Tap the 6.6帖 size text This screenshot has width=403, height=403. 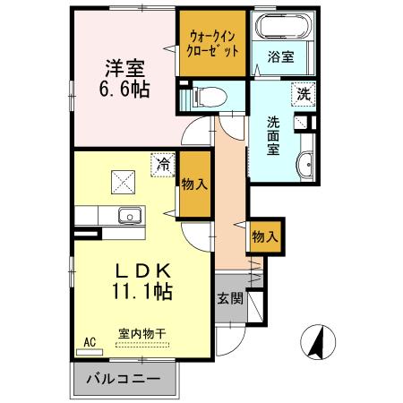click(124, 90)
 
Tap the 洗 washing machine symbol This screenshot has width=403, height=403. click(304, 91)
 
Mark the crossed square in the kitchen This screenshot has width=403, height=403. click(122, 183)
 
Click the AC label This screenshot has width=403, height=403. click(90, 342)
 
